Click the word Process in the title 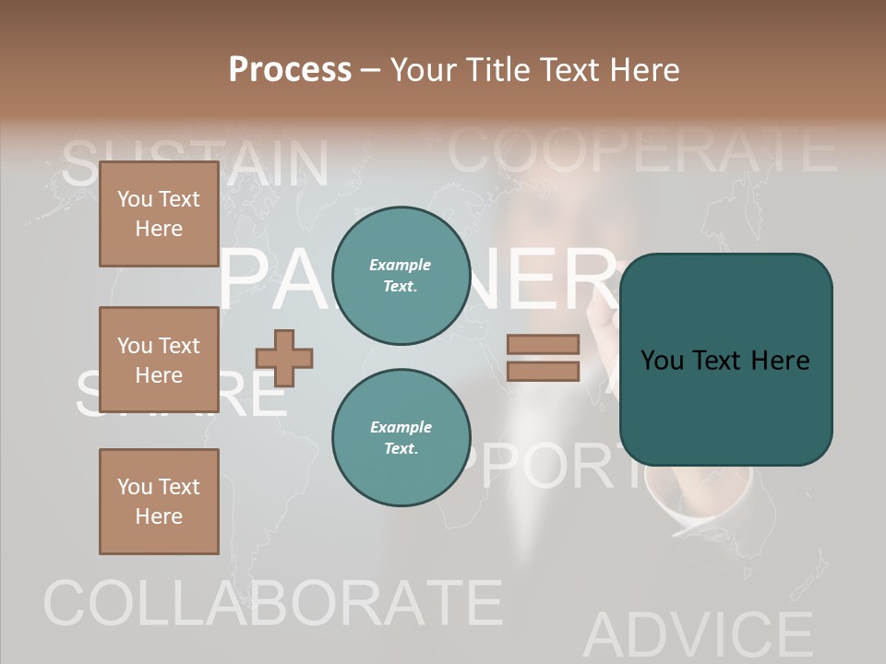pos(290,69)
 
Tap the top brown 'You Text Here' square pos(159,215)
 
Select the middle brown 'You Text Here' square pos(159,360)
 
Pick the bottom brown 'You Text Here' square pos(159,502)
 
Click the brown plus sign pos(284,358)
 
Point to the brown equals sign pos(543,358)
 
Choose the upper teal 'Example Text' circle pos(401,276)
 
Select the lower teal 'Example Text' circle pos(401,437)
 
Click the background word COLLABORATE pos(272,604)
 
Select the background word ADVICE pos(697,634)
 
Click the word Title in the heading pos(500,69)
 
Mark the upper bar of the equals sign pos(543,344)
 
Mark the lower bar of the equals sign pos(543,372)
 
